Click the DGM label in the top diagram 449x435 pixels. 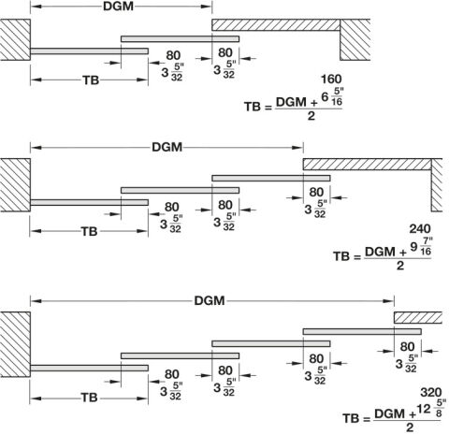pyautogui.click(x=118, y=7)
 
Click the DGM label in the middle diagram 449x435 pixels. pyautogui.click(x=167, y=147)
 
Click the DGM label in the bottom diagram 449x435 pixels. pyautogui.click(x=210, y=301)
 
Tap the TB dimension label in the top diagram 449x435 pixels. pyautogui.click(x=91, y=80)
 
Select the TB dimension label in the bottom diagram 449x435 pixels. pyautogui.click(x=90, y=398)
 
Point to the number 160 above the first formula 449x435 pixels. pyautogui.click(x=331, y=80)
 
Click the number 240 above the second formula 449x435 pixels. pyautogui.click(x=420, y=229)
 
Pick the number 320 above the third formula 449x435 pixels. pyautogui.click(x=431, y=392)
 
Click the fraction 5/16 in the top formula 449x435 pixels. pyautogui.click(x=338, y=97)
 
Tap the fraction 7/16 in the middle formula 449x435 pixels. pyautogui.click(x=426, y=246)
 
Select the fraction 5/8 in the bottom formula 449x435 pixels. pyautogui.click(x=439, y=409)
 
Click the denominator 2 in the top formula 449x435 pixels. pyautogui.click(x=311, y=116)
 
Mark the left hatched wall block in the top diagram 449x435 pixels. pyautogui.click(x=15, y=39)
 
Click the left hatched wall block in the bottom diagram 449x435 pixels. pyautogui.click(x=15, y=344)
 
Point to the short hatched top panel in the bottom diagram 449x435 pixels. pyautogui.click(x=418, y=318)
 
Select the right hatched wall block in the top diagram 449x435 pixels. pyautogui.click(x=355, y=39)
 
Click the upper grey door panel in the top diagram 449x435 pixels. pyautogui.click(x=180, y=39)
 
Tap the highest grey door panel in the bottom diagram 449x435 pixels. pyautogui.click(x=362, y=331)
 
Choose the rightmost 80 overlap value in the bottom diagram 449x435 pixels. pyautogui.click(x=407, y=347)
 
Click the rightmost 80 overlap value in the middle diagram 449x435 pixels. pyautogui.click(x=316, y=193)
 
